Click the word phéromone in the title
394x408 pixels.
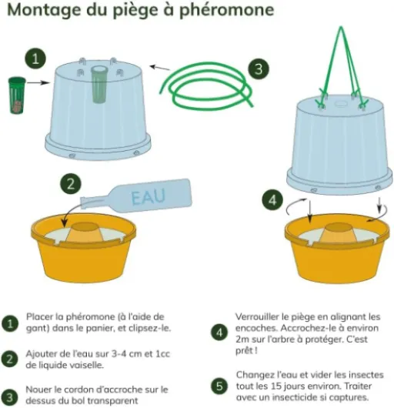coord(227,10)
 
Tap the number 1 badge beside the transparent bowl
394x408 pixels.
coord(35,59)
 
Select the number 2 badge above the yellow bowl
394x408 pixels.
coord(71,184)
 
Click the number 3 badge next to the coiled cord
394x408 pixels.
coord(259,69)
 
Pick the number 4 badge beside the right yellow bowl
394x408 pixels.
coord(272,200)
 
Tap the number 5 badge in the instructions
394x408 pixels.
coord(219,386)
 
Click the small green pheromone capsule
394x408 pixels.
coord(17,95)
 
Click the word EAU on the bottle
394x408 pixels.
coord(149,197)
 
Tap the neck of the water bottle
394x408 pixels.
coord(93,202)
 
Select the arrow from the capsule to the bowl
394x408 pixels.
coord(38,82)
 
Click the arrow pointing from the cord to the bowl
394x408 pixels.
coord(160,68)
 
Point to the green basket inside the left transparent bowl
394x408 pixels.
coord(99,87)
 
